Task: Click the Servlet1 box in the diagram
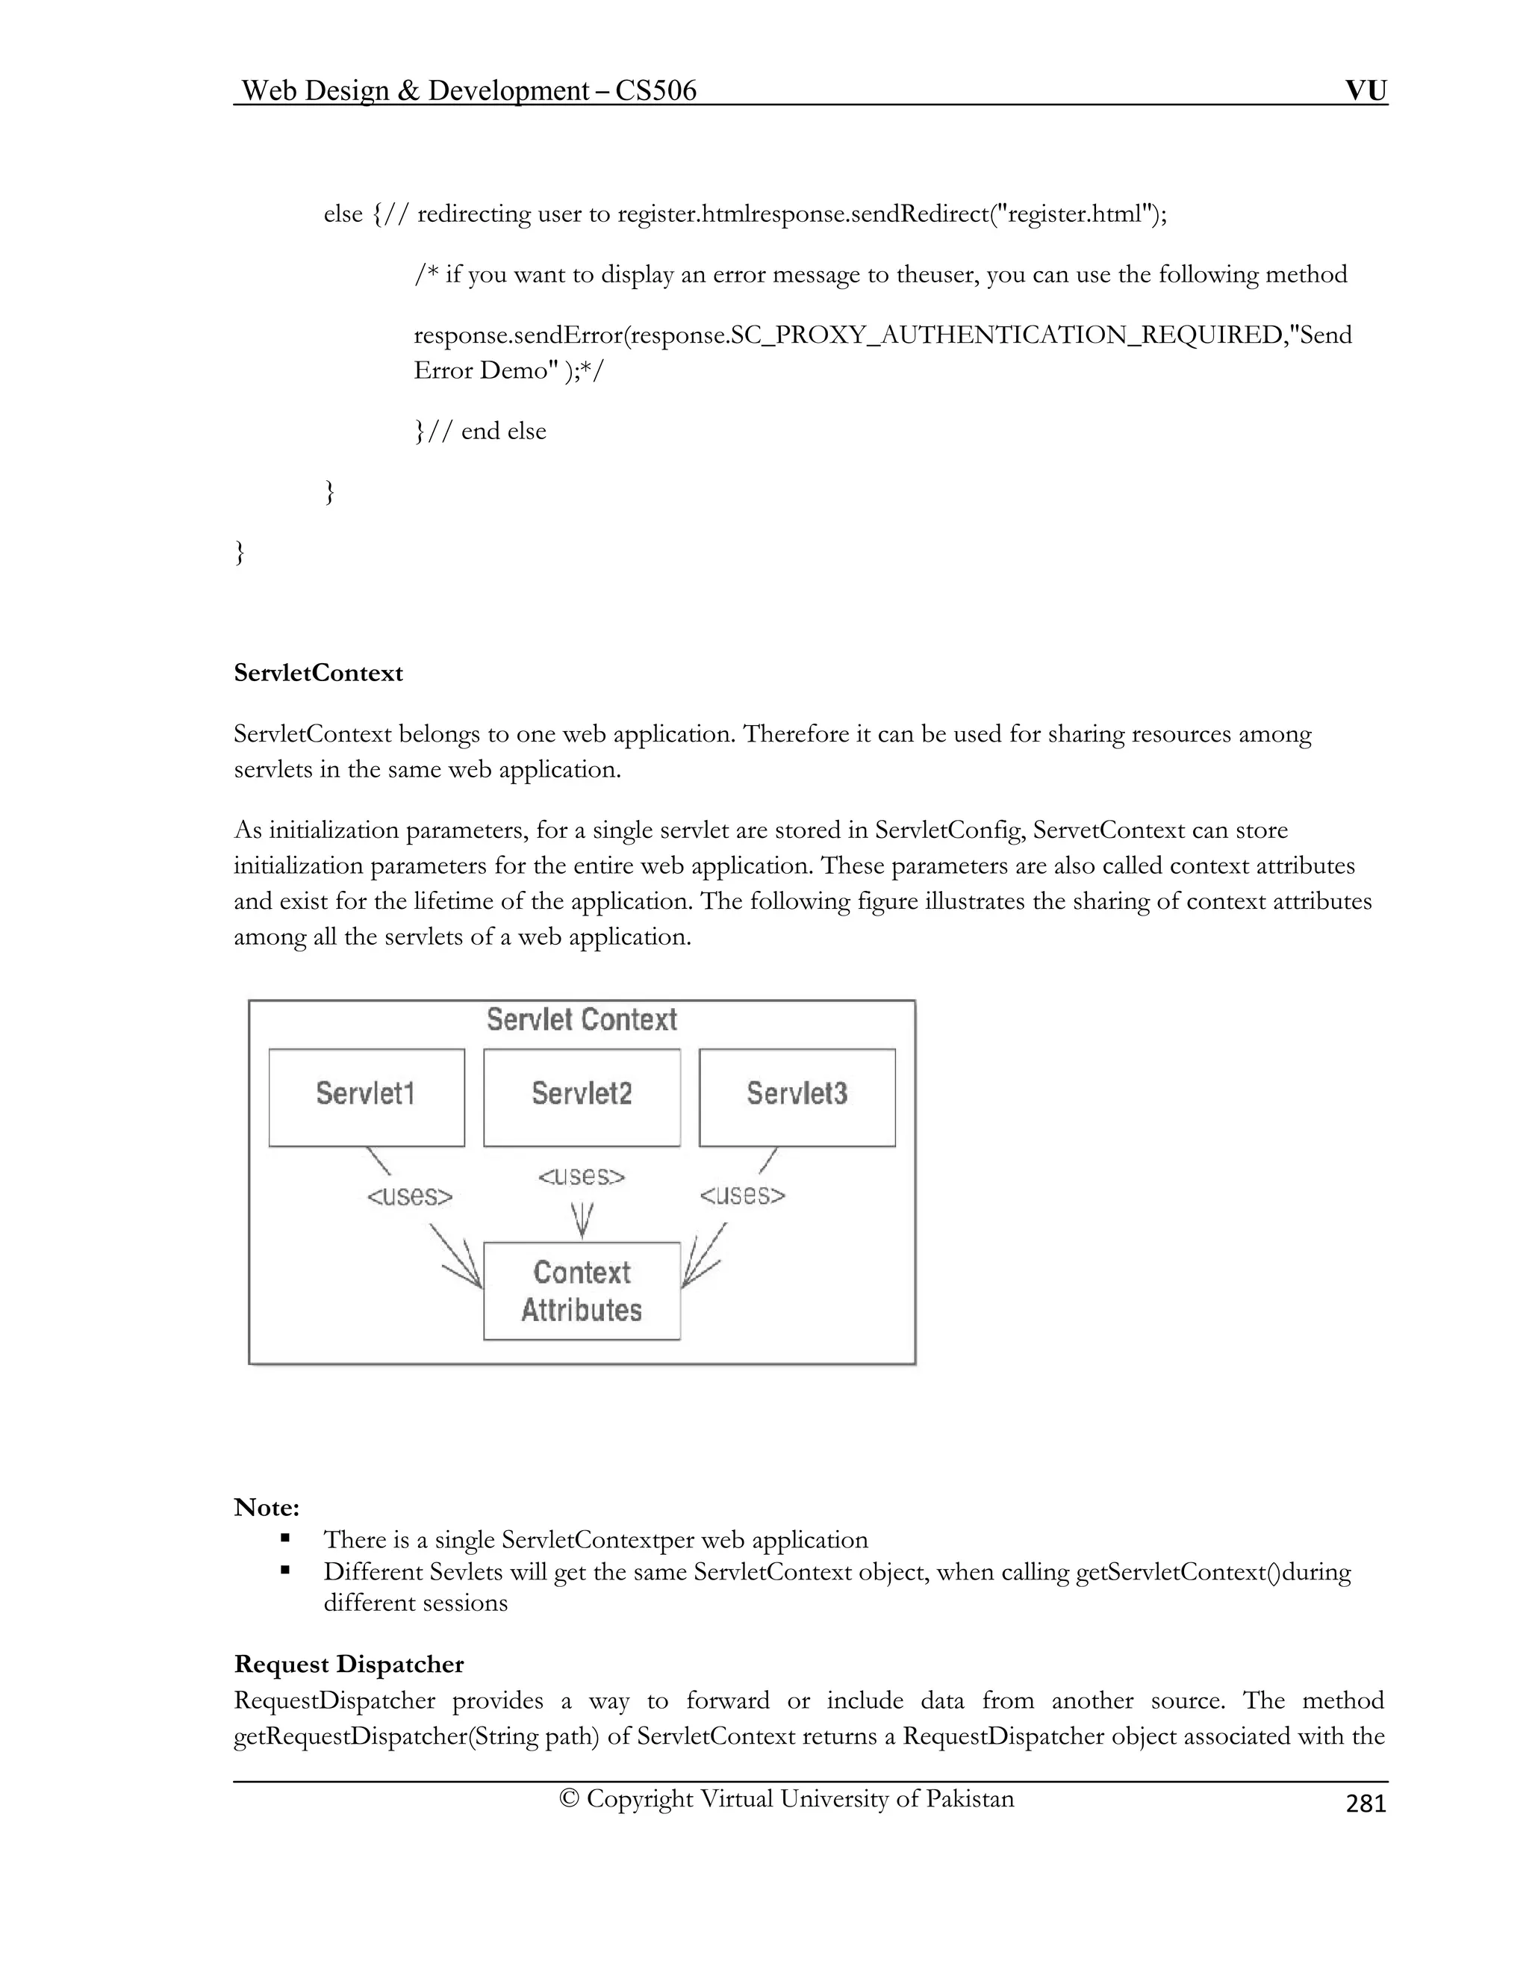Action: coord(366,1097)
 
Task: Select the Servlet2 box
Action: coord(582,1097)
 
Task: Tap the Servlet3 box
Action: coord(797,1097)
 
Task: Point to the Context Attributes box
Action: coord(582,1291)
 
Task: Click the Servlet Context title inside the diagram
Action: coord(582,1020)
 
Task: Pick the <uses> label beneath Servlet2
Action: coord(582,1177)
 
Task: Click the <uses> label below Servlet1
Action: coord(409,1197)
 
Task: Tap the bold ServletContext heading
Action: coord(318,674)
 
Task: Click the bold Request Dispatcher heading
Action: coord(349,1665)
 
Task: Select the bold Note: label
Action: coord(267,1508)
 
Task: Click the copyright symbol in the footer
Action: coord(569,1799)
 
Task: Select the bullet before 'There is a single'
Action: coord(285,1538)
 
